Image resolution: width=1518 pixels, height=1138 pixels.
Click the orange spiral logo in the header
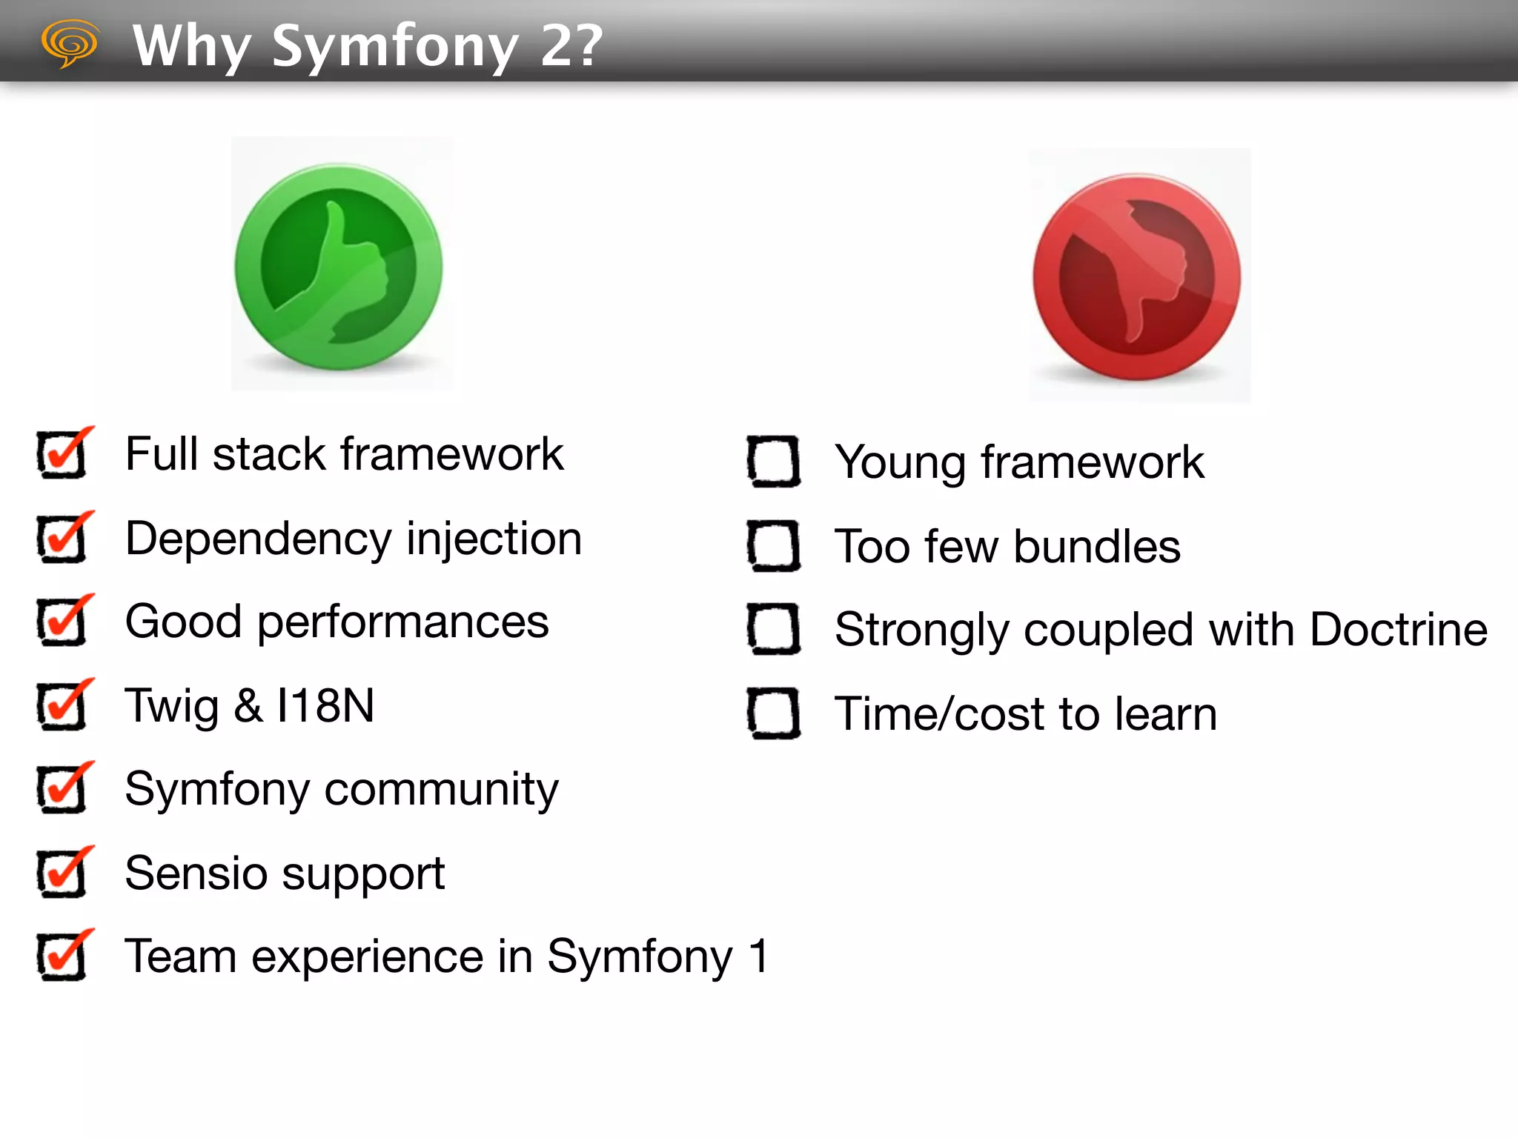click(70, 43)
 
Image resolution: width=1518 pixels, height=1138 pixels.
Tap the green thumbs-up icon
click(339, 266)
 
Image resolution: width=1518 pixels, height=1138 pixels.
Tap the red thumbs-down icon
click(1137, 277)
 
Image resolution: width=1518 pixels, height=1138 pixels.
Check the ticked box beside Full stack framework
click(62, 454)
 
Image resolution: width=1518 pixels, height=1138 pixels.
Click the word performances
click(403, 623)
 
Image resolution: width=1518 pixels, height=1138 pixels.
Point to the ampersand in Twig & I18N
click(248, 706)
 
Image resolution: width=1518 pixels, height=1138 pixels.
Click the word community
click(442, 790)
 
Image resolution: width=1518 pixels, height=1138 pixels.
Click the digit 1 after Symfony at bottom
click(758, 956)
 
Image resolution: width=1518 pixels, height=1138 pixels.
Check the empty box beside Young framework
click(773, 462)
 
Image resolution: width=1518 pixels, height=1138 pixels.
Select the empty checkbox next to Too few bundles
click(773, 546)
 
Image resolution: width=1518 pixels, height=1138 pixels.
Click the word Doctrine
click(1398, 630)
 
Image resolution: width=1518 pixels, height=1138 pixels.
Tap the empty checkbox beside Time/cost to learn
click(773, 713)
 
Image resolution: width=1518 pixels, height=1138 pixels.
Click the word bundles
click(1097, 547)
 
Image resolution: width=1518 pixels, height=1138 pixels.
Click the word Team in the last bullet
click(181, 956)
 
